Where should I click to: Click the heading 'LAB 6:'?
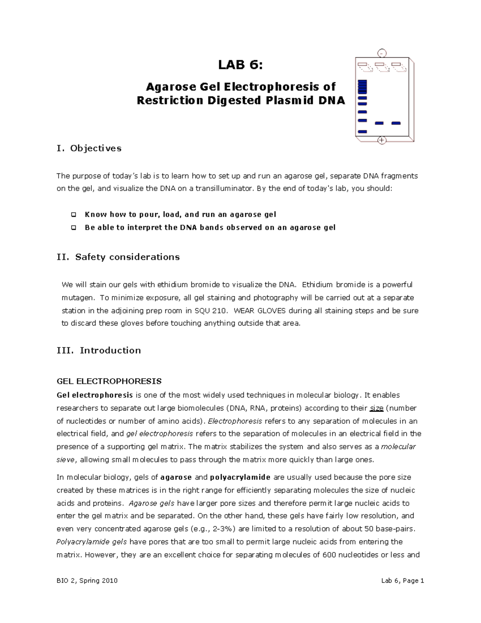(240, 65)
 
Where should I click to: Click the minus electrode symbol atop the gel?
(382, 53)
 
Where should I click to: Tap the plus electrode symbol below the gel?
(382, 140)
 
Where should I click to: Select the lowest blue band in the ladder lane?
(362, 132)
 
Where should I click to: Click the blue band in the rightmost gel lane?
(396, 123)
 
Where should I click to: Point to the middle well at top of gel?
(379, 65)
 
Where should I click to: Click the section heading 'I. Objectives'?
(89, 148)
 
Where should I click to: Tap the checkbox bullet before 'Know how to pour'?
(73, 215)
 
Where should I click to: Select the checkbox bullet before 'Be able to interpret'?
(73, 227)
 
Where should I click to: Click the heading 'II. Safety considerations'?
(118, 257)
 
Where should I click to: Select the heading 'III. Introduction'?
(99, 351)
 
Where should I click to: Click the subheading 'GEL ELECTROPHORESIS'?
(109, 381)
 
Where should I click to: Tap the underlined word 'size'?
(376, 408)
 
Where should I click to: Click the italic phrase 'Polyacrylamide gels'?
(91, 542)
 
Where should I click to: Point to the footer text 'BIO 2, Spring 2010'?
(87, 580)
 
